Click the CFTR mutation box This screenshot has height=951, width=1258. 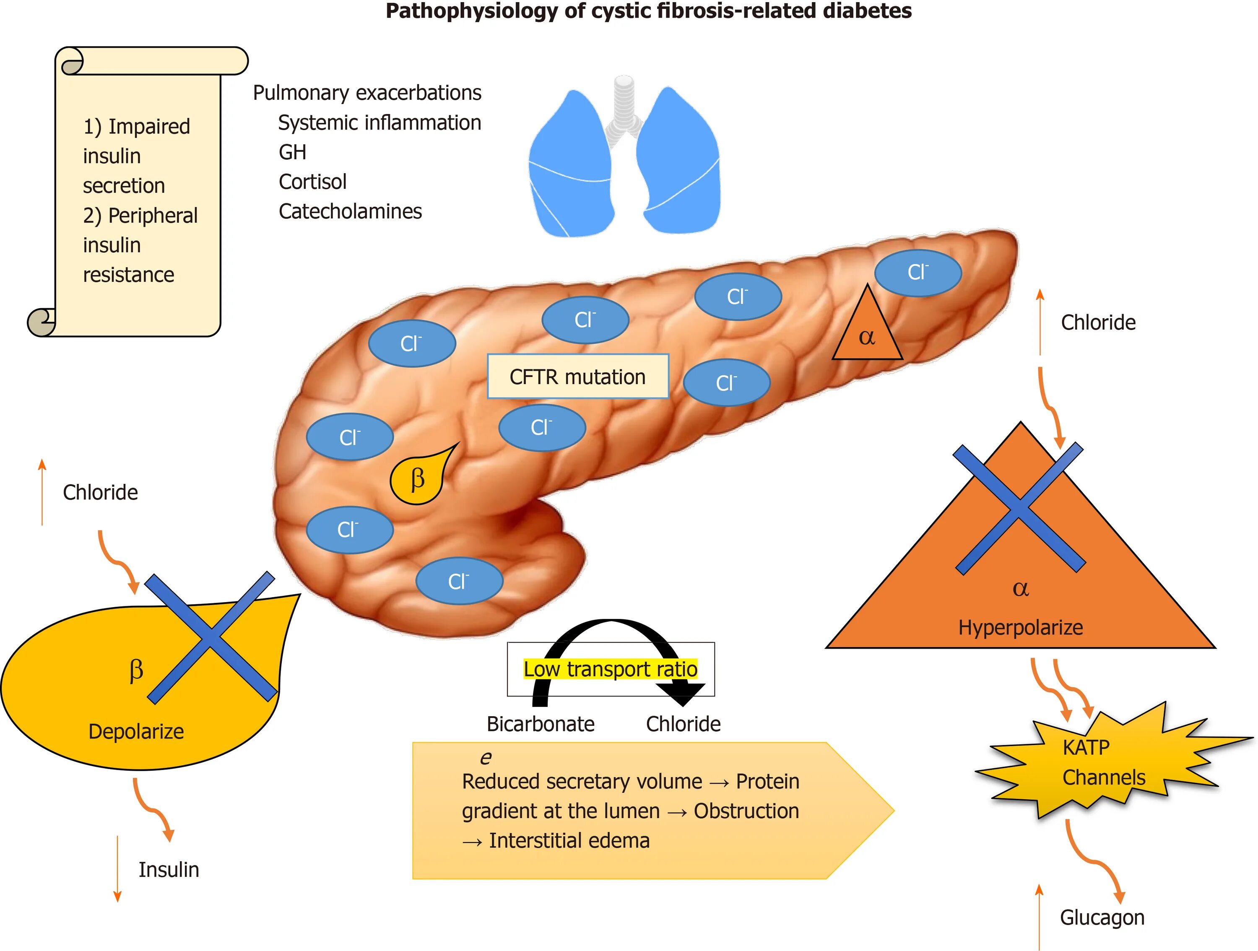tap(578, 376)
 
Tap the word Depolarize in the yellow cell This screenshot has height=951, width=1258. tap(136, 731)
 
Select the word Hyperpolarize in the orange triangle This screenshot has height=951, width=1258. tap(1020, 627)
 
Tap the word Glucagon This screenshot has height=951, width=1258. tap(1102, 917)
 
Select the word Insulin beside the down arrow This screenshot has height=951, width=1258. tap(169, 870)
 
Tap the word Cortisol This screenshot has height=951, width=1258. tap(312, 182)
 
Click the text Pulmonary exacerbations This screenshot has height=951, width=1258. tap(367, 93)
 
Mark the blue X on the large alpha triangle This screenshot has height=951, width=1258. tap(1019, 509)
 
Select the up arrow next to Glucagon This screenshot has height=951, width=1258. tap(1039, 916)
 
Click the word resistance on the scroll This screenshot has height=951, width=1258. tap(129, 275)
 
